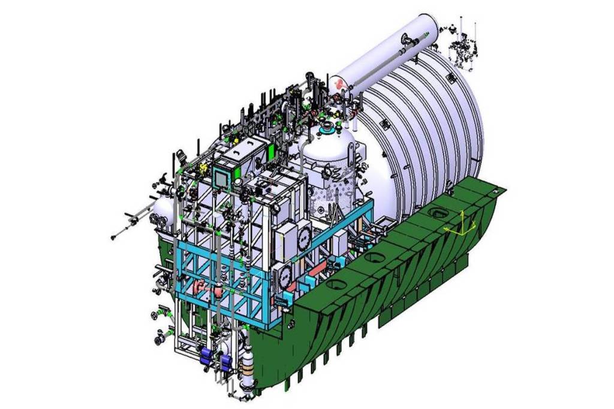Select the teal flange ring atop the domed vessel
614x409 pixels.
tap(328, 128)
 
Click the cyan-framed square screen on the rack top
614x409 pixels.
tap(222, 177)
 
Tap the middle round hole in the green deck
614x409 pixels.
tap(375, 258)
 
